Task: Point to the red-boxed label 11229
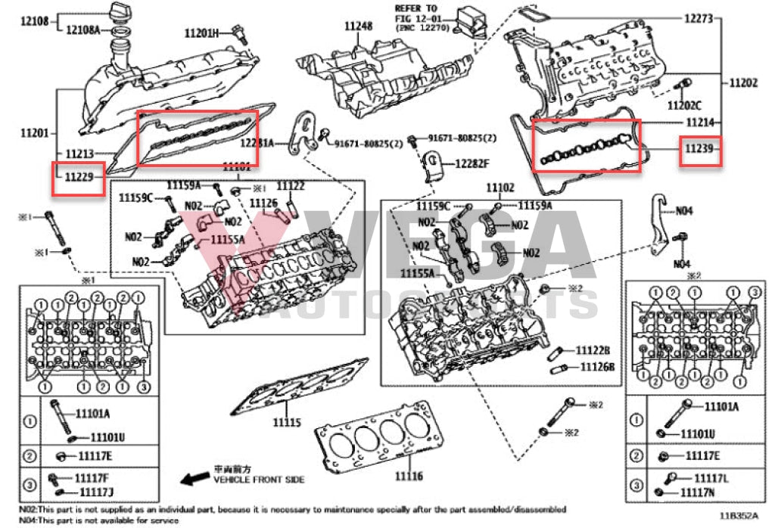[79, 177]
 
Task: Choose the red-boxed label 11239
[699, 151]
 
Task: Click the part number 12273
[699, 18]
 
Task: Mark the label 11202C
[684, 106]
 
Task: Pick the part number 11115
[287, 422]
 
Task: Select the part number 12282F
[472, 163]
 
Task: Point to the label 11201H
[201, 33]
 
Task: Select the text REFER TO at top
[417, 8]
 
